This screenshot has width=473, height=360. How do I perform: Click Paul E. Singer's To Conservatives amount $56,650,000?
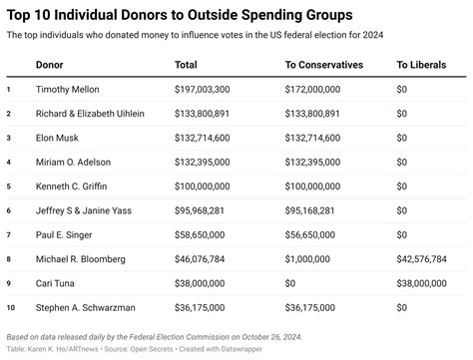(x=312, y=234)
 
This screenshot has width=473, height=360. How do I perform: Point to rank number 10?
(x=10, y=306)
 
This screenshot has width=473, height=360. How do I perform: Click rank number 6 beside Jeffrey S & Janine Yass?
(x=9, y=210)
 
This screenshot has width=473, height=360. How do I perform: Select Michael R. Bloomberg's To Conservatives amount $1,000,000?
(x=308, y=258)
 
